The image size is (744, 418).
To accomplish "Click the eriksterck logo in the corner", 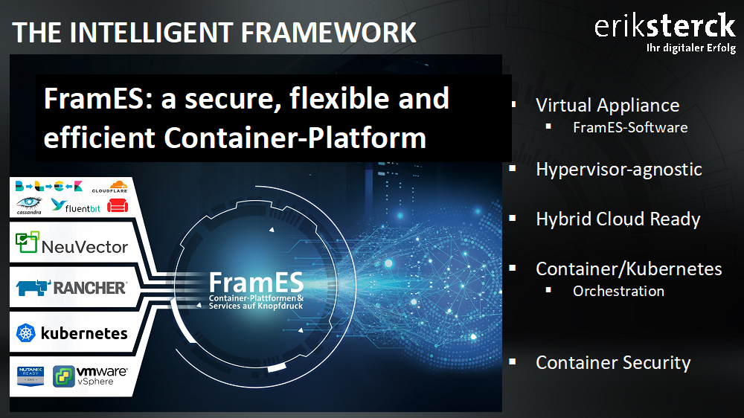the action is [665, 26].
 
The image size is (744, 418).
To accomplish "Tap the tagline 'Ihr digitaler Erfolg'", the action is [691, 48].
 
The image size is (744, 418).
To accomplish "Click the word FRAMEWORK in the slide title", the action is [328, 33].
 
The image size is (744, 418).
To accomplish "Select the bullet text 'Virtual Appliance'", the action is [607, 106].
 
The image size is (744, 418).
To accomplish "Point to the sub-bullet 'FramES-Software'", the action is [630, 128].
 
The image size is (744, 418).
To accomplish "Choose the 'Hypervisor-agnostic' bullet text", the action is [619, 170].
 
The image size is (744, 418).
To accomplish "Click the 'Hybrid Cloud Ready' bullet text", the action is [618, 219].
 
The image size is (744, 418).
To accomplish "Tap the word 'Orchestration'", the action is [618, 291].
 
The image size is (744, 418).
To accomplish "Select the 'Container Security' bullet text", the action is [613, 362].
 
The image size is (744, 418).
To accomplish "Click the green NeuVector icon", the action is [27, 242].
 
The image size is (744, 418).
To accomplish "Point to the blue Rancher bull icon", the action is [33, 288].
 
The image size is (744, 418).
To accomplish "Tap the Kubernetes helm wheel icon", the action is [26, 333].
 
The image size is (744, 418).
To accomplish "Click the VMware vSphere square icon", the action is [63, 376].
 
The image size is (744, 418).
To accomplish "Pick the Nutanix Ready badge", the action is [31, 376].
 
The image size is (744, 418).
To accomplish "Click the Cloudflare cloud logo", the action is [110, 187].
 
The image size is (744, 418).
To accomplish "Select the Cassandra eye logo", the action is [29, 205].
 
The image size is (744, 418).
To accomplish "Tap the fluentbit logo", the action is [75, 205].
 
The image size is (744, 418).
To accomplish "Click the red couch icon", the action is [118, 205].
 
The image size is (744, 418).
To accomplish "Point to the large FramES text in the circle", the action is [256, 283].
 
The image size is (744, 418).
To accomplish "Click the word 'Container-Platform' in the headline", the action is [295, 138].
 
